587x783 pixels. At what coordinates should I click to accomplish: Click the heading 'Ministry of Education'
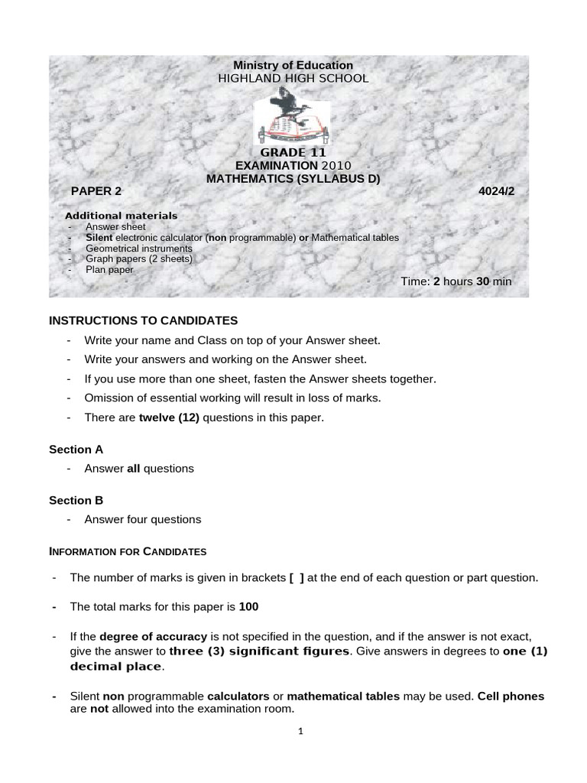[293, 66]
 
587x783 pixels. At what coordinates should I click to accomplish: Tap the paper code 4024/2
[497, 191]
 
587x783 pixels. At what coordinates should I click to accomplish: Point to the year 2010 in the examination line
[336, 165]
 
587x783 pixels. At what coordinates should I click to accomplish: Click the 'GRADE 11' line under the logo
[293, 152]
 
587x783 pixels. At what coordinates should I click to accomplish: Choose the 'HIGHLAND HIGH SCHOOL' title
[293, 78]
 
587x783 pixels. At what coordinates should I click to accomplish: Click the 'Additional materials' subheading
[121, 216]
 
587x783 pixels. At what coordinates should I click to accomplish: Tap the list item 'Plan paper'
[109, 269]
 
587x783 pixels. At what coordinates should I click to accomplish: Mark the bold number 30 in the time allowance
[483, 281]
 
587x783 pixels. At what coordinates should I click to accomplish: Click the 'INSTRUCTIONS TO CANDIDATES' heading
[144, 320]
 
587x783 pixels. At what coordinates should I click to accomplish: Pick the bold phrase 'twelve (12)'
[169, 417]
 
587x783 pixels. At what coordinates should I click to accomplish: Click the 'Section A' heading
[76, 450]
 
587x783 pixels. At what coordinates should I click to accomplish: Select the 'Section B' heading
[76, 501]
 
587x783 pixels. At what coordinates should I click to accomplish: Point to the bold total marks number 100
[249, 606]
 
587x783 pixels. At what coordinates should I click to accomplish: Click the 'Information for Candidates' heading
[128, 551]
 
